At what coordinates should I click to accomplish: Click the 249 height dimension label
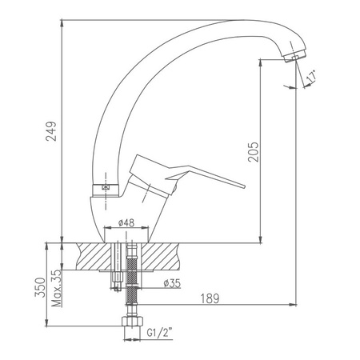51,131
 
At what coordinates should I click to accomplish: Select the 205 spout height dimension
253,152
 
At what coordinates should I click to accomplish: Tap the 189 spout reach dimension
210,298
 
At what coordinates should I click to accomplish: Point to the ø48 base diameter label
126,222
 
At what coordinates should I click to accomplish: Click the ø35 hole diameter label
172,283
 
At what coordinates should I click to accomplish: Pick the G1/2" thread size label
159,333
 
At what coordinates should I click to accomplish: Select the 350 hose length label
40,287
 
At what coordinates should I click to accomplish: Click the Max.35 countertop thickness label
57,288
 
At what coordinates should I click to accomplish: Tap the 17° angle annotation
311,76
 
